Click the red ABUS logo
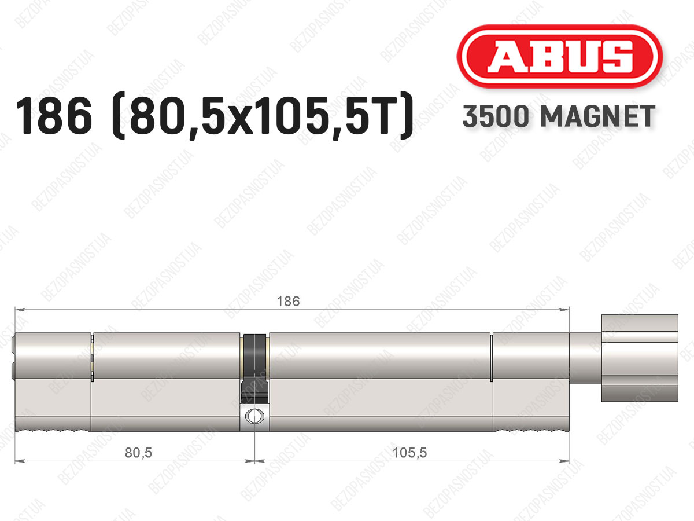[x=560, y=56]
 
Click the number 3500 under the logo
[x=496, y=116]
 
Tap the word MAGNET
[x=598, y=116]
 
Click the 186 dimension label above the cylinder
[x=288, y=302]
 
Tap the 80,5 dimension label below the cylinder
[x=138, y=453]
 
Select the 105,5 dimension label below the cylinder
[x=410, y=453]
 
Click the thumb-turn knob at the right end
[x=640, y=358]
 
